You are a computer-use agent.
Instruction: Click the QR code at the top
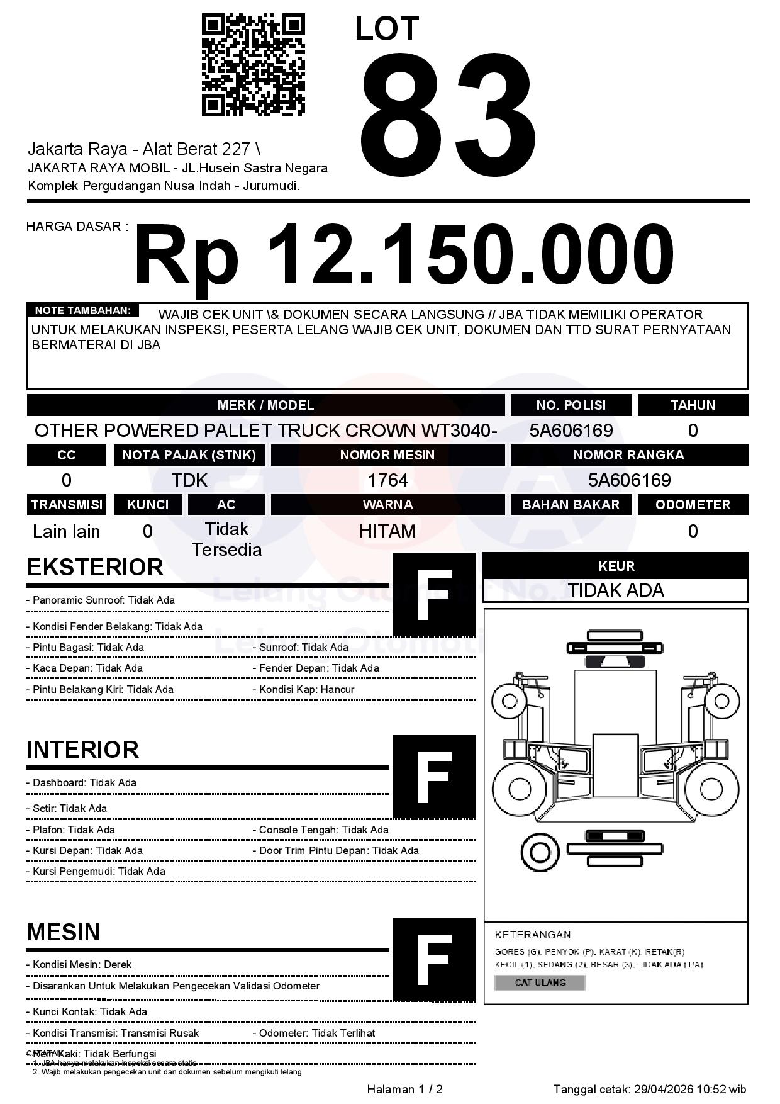coord(253,65)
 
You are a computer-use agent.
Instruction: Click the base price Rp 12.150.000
coord(403,256)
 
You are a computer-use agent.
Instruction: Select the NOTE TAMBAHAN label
coord(82,310)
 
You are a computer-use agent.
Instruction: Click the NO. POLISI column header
coord(571,405)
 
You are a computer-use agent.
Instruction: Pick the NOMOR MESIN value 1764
coord(387,481)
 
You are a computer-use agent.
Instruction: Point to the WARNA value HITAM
coord(387,531)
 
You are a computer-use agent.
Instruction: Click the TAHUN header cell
coord(693,405)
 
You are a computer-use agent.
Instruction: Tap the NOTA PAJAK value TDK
coord(189,481)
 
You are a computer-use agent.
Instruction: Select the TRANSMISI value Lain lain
coord(66,531)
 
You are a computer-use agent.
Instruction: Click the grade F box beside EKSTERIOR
coord(434,595)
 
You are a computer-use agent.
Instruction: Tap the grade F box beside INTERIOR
coord(434,777)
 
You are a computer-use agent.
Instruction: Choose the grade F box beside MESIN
coord(434,959)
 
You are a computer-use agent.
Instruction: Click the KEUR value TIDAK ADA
coord(616,590)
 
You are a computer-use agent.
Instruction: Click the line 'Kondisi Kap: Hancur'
coord(306,689)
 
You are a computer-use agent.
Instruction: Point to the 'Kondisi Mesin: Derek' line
coord(79,964)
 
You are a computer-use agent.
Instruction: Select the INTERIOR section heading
coord(82,750)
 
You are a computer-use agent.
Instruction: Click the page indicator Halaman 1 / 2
coord(404,1090)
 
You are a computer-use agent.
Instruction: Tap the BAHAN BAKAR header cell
coord(571,505)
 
